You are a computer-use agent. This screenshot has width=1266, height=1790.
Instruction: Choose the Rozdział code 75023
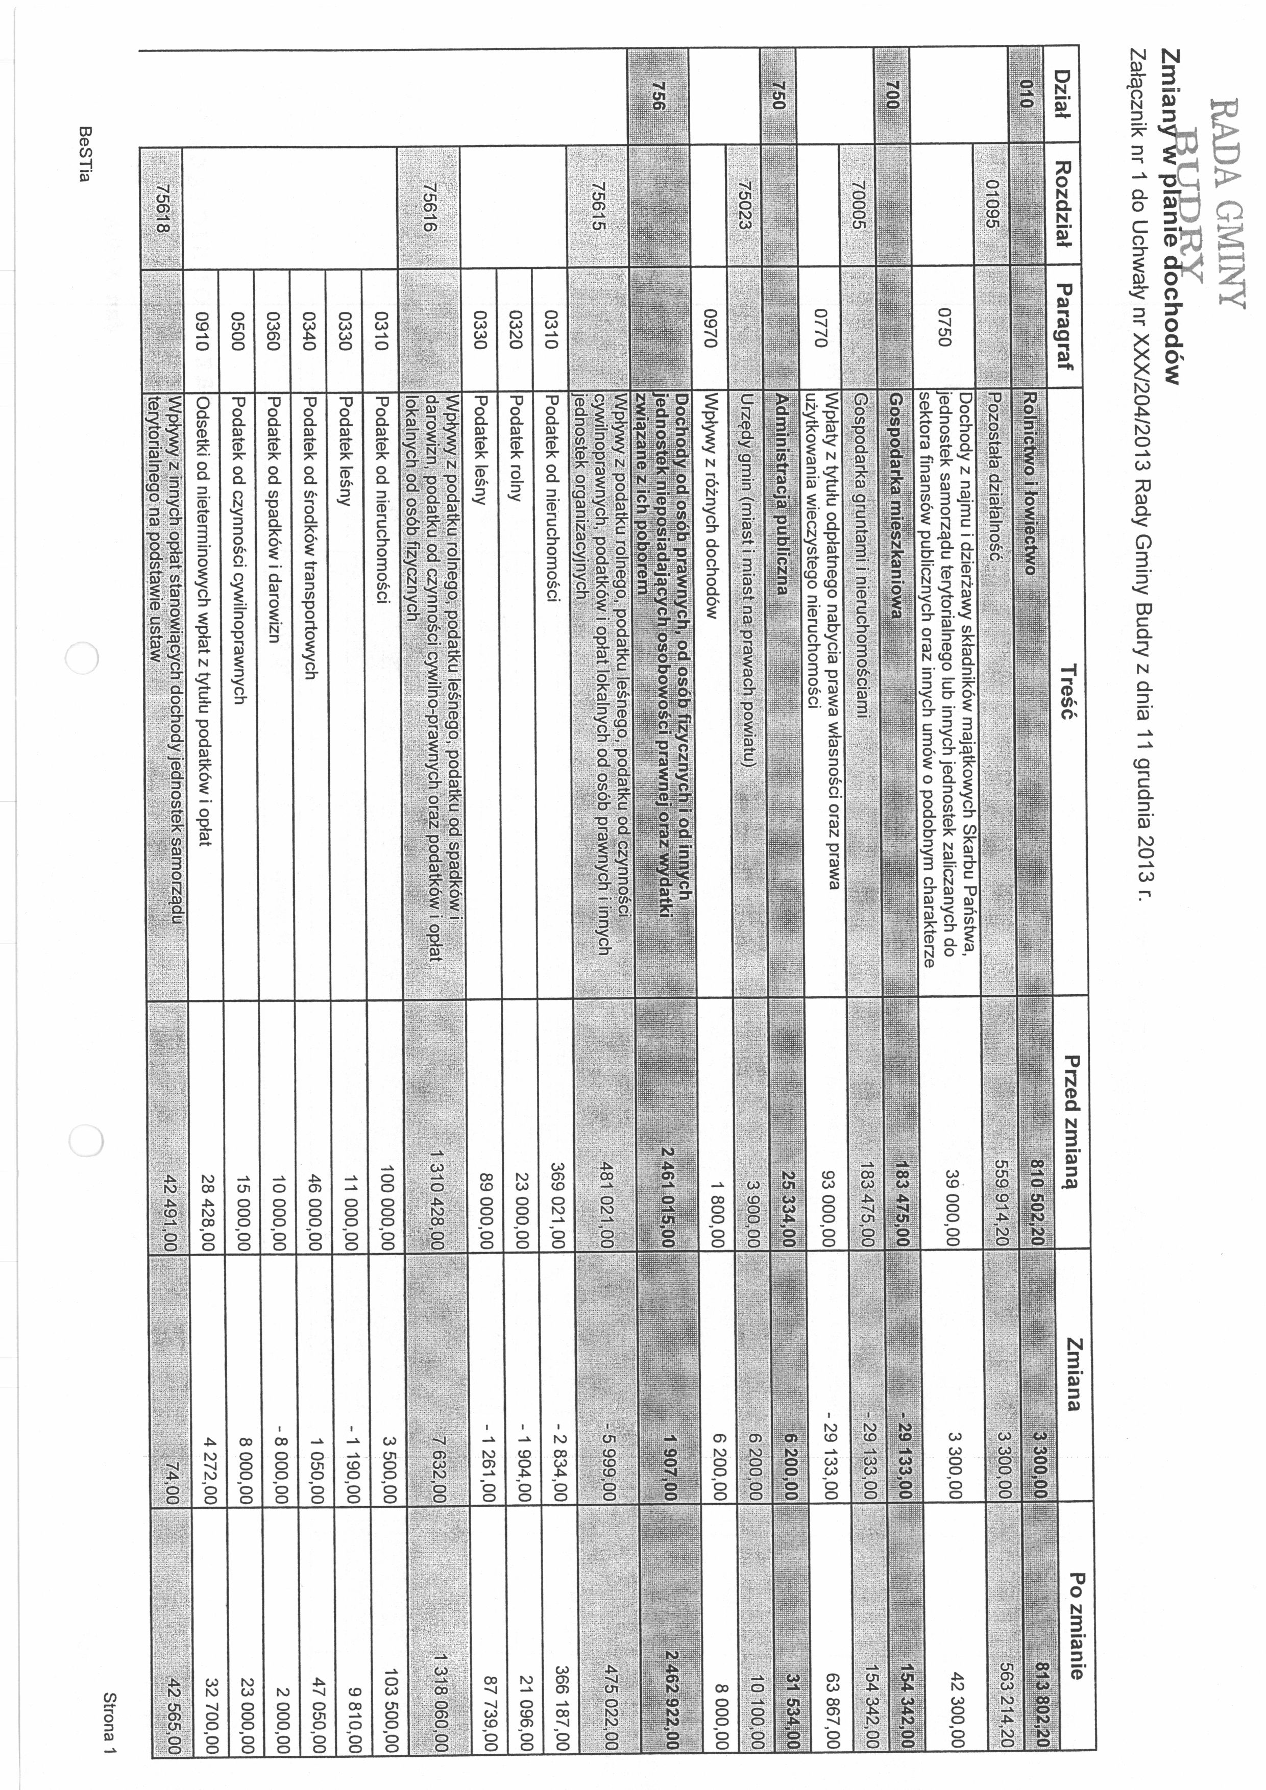point(744,204)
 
